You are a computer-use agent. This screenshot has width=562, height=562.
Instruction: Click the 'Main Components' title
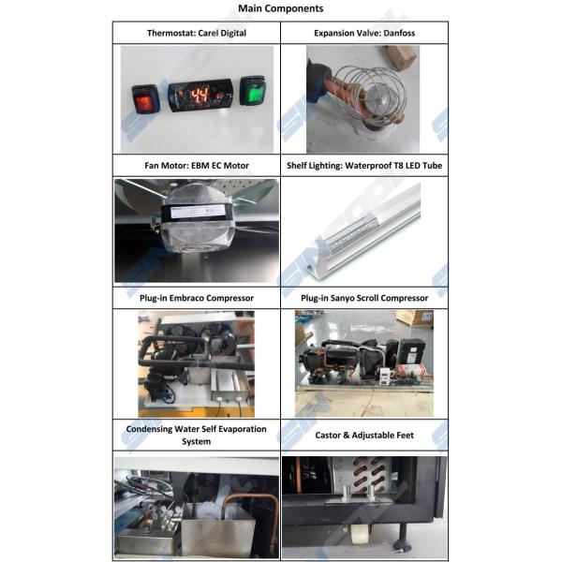point(281,8)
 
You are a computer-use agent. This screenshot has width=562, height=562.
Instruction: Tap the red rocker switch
point(145,99)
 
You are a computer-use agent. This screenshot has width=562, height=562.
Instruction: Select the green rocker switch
point(253,90)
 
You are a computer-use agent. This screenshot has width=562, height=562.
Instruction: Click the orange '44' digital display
point(200,96)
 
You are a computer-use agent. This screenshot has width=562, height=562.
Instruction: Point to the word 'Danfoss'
point(399,33)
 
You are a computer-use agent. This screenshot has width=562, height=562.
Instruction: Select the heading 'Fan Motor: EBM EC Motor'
point(197,166)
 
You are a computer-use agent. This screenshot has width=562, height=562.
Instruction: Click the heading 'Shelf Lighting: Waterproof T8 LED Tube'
point(364,166)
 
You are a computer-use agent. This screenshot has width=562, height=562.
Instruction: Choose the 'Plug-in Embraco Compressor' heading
point(197,298)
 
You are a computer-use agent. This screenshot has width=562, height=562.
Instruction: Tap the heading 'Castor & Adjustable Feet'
point(364,436)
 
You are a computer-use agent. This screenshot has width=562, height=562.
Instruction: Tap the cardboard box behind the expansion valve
point(401,57)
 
